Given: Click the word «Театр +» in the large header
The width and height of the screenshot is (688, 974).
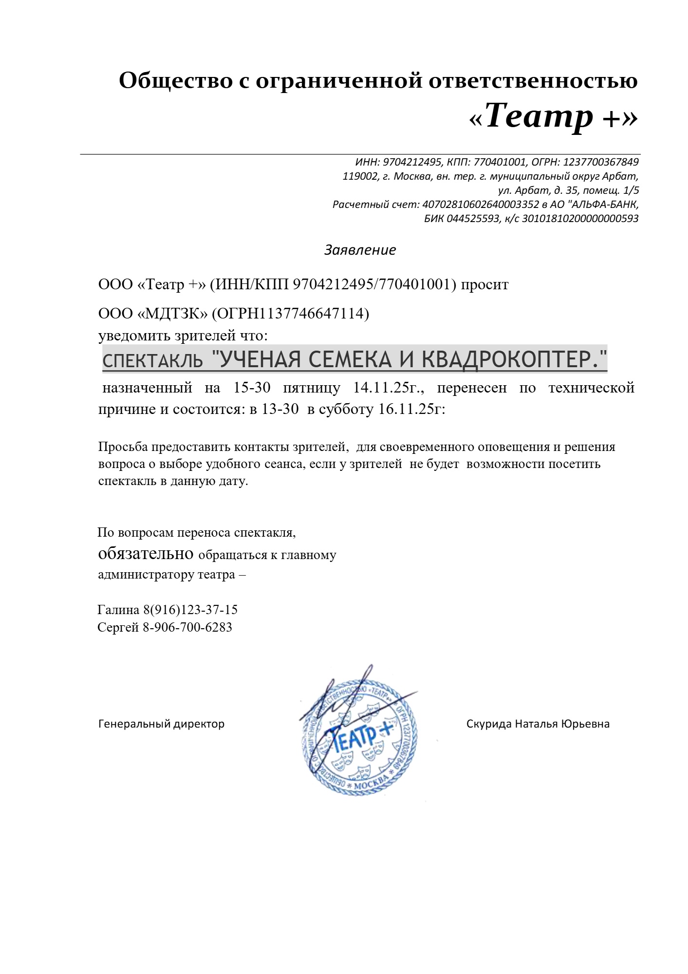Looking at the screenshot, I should [553, 117].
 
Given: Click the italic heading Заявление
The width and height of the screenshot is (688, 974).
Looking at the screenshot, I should [360, 250].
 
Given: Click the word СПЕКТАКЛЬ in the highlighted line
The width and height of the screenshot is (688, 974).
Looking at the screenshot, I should [152, 361].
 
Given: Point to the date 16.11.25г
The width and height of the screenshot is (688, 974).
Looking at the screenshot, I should [412, 409].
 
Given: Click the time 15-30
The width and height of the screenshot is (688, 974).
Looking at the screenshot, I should [252, 388].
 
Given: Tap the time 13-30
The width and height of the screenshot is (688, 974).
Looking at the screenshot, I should [280, 409].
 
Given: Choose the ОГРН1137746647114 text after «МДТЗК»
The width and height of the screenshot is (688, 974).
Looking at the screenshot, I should [290, 313].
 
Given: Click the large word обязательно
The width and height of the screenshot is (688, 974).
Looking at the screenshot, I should [146, 554].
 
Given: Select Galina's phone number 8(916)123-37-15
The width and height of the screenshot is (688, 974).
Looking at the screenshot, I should [190, 610].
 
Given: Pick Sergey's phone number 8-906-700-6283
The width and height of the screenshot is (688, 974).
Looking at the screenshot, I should [187, 627].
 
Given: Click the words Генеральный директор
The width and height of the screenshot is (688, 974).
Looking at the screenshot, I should [161, 724].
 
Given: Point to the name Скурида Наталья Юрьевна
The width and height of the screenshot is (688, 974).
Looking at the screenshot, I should [538, 724].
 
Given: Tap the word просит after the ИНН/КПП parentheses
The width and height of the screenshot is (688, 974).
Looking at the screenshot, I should [484, 284].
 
